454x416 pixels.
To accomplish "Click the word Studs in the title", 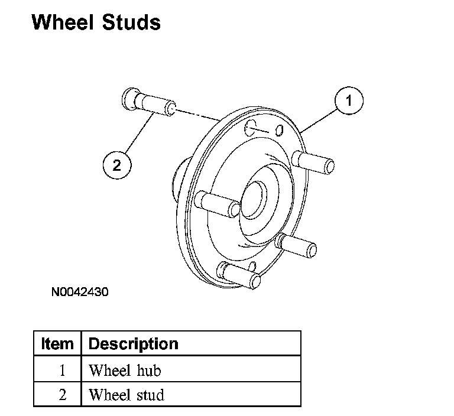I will coord(131,22).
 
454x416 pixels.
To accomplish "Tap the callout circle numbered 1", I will coord(348,101).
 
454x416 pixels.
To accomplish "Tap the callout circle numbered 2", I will coord(116,165).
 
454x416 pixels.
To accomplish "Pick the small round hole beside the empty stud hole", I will coord(280,129).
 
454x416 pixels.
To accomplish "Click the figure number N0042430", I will coord(80,291).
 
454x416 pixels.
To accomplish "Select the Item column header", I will coord(57,343).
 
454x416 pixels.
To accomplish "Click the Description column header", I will coord(133,343).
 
